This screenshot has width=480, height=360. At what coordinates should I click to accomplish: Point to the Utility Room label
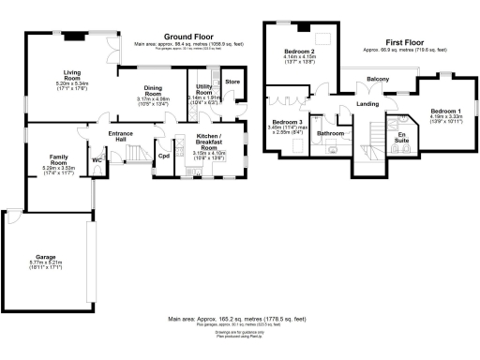(203, 89)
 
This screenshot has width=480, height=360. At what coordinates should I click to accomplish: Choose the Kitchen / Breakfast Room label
(209, 140)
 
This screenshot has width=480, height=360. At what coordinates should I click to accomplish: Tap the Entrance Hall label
(120, 137)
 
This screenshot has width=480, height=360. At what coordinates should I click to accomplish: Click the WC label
(97, 159)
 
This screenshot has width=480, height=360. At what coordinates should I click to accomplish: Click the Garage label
(47, 256)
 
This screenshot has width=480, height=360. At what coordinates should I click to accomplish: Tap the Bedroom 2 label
(299, 51)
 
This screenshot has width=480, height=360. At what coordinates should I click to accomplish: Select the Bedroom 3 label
(288, 123)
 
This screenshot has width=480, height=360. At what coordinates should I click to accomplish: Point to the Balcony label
(378, 79)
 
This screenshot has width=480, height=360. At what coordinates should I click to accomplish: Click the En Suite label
(402, 139)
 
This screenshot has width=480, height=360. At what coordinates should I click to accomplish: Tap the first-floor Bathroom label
(331, 134)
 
